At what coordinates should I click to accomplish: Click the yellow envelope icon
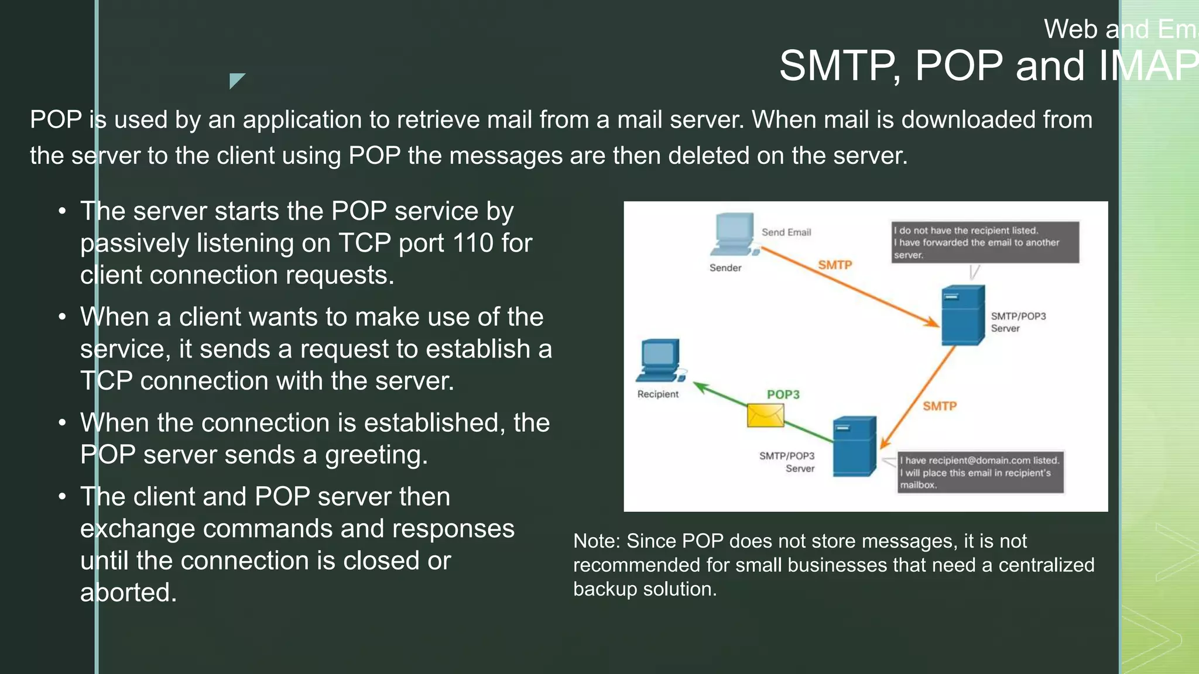click(x=765, y=416)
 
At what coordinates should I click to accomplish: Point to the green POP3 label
click(x=783, y=394)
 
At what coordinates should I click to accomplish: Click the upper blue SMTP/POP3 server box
click(x=962, y=316)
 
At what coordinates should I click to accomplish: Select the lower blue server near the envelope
click(x=854, y=446)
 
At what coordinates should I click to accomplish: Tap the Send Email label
click(x=786, y=232)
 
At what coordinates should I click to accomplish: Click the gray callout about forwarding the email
click(x=985, y=242)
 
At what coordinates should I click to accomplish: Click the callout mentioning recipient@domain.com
click(x=980, y=472)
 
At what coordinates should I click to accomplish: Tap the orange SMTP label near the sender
click(x=835, y=265)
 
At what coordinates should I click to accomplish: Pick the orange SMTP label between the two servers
click(x=939, y=406)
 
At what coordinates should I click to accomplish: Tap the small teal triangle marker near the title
click(x=235, y=80)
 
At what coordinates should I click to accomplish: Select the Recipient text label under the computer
click(x=657, y=394)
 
